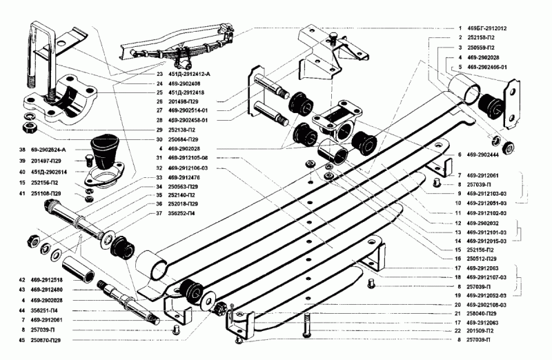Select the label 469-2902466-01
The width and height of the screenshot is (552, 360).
(x=492, y=68)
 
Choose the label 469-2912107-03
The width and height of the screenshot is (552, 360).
(x=491, y=277)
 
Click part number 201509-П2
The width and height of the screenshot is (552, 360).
(x=484, y=331)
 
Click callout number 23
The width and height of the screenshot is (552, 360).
(x=159, y=74)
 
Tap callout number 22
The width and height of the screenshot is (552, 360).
(x=458, y=331)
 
